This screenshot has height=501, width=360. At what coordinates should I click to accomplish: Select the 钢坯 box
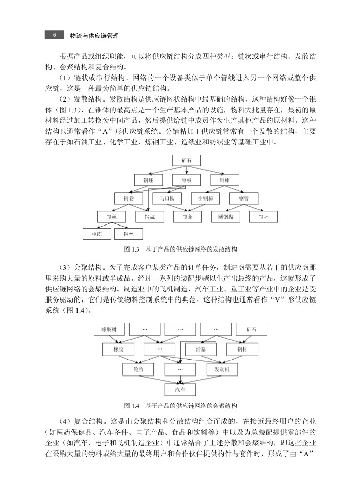[x=148, y=180]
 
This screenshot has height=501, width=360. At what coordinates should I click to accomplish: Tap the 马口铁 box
[x=167, y=198]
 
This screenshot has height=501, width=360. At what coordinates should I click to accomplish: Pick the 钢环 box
[x=263, y=216]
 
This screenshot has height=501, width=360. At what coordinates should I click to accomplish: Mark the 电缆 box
[x=97, y=234]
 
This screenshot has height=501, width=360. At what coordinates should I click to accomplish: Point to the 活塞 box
[x=200, y=349]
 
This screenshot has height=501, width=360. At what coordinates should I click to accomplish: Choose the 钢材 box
[x=242, y=349]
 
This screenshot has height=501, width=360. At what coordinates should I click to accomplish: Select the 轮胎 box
[x=138, y=368]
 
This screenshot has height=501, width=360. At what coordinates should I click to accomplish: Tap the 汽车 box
[x=180, y=389]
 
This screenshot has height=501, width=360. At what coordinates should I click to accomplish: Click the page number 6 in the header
[x=54, y=35]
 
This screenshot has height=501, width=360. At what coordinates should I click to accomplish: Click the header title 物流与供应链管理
[x=97, y=36]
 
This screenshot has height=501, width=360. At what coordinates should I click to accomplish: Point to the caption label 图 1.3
[x=132, y=249]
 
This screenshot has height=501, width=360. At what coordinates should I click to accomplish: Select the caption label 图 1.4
[x=132, y=406]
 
